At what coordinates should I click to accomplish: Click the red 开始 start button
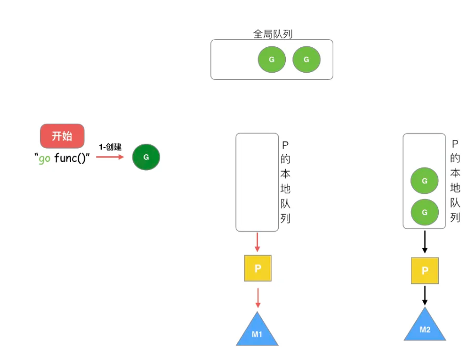[x=62, y=136]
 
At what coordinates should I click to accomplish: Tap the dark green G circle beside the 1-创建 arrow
[x=146, y=157]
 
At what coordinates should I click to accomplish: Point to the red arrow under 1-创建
[x=111, y=157]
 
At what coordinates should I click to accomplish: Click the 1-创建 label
[x=110, y=147]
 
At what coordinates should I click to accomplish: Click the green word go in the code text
[x=45, y=159]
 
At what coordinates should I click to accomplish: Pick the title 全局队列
[x=273, y=34]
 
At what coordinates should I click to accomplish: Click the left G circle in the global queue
[x=271, y=59]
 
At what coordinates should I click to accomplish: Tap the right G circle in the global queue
[x=306, y=59]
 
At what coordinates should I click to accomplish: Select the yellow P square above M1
[x=258, y=268]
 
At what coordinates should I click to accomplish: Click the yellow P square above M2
[x=425, y=270]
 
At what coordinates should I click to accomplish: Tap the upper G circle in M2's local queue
[x=425, y=181]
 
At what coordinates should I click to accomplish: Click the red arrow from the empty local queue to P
[x=257, y=242]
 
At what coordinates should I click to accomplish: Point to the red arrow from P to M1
[x=257, y=297]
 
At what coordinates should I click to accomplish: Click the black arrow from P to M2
[x=425, y=295]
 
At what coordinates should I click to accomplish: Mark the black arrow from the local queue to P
[x=425, y=242]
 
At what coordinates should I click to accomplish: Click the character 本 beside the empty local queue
[x=285, y=174]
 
